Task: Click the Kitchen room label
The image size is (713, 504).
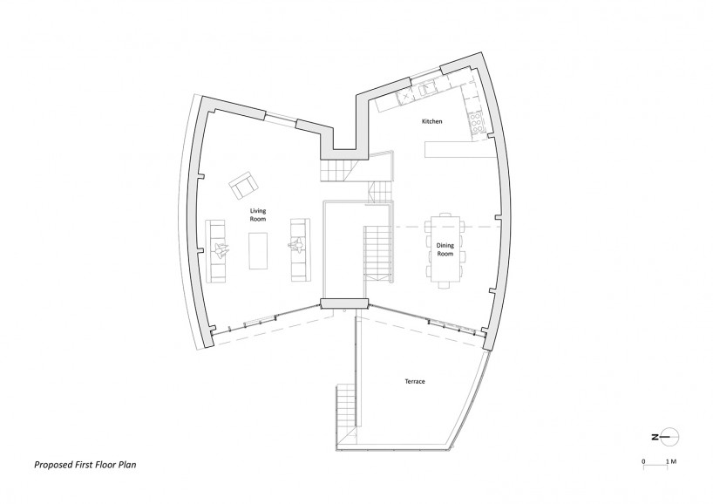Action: coord(431,121)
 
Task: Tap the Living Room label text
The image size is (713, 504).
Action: coord(257,215)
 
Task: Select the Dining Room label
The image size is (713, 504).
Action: coord(445,249)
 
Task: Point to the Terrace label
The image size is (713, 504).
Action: coord(415,381)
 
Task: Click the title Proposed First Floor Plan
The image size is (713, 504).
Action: coord(85,465)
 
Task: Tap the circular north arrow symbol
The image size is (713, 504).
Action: coord(670,437)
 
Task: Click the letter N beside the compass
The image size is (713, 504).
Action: coord(655,437)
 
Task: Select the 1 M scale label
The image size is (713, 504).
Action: coord(671,461)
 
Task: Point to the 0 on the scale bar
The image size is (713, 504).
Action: coord(643,461)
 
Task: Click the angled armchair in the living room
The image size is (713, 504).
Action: coord(244,185)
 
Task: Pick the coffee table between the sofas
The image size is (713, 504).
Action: coord(258,250)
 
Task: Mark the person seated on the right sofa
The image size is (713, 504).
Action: coord(296,245)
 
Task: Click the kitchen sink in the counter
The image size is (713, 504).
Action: coord(426,89)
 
